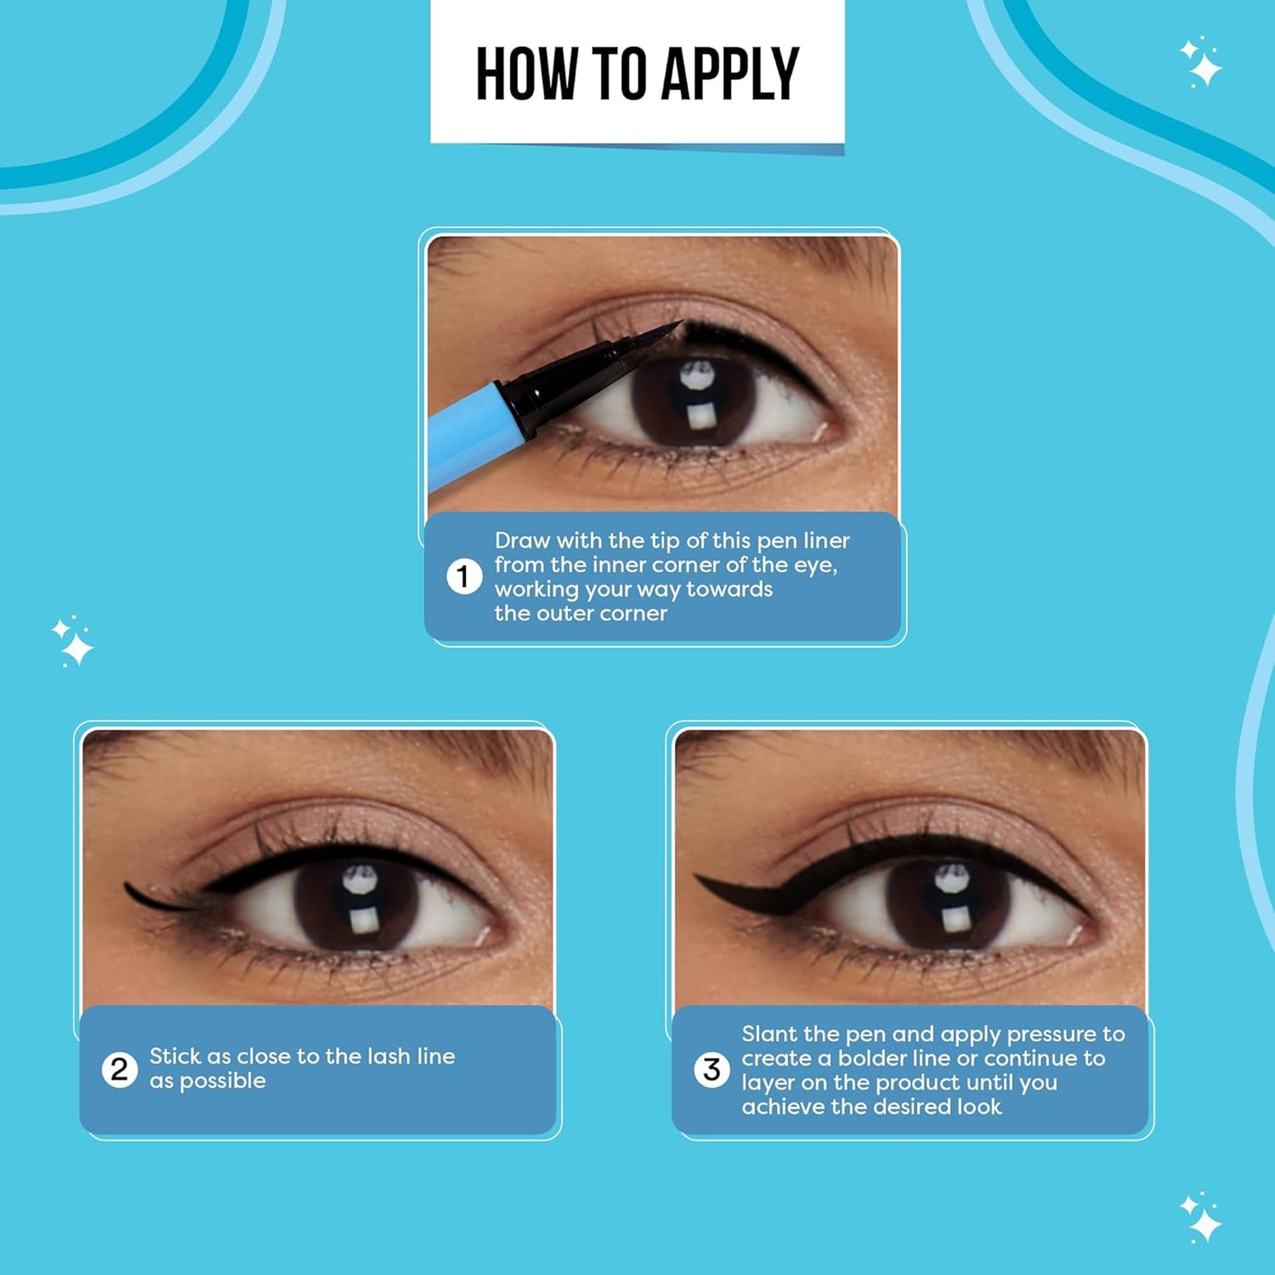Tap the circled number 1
[464, 577]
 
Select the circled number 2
[119, 1069]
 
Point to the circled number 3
[711, 1070]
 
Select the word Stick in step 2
[175, 1056]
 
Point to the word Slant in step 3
[770, 1033]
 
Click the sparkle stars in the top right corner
[1200, 62]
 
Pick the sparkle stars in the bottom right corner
[1200, 1218]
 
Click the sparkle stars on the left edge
[73, 641]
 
